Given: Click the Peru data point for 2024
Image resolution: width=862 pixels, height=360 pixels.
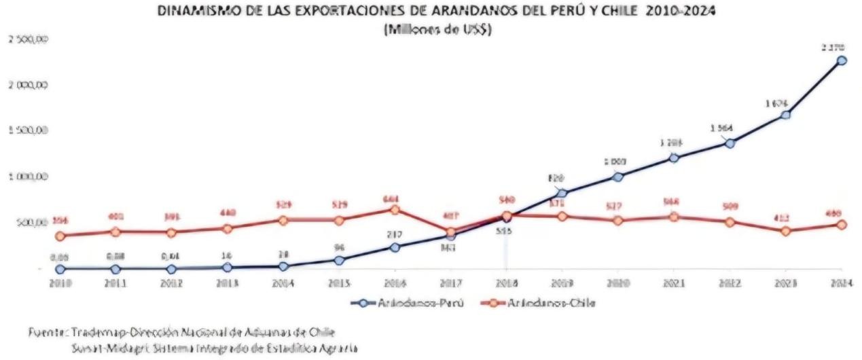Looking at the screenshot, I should [x=842, y=60].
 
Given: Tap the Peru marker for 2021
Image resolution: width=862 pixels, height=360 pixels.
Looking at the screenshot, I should [x=674, y=158].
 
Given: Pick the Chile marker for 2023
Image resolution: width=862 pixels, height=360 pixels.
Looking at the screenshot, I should [x=786, y=231].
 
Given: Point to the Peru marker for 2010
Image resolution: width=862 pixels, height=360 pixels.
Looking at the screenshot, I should [x=60, y=269].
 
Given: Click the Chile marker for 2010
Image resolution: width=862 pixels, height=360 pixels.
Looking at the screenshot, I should [x=60, y=236].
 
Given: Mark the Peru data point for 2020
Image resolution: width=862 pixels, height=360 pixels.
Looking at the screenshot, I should [x=617, y=177].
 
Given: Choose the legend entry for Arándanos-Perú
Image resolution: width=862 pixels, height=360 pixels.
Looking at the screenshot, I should [x=407, y=302].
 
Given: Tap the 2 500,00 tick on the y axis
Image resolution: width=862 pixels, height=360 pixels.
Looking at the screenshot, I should [x=28, y=39].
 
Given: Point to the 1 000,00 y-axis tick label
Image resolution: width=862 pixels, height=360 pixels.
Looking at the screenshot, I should [x=28, y=177].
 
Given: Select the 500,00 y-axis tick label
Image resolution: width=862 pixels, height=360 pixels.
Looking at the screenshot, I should [x=31, y=223].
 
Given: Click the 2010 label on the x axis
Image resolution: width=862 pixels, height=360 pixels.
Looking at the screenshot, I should [x=60, y=283].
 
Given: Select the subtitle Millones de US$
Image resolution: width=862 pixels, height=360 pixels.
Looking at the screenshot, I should [x=437, y=29].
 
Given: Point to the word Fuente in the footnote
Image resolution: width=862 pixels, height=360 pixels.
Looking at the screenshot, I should [x=43, y=331].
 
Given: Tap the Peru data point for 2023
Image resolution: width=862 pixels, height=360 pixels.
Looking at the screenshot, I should [x=786, y=115].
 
